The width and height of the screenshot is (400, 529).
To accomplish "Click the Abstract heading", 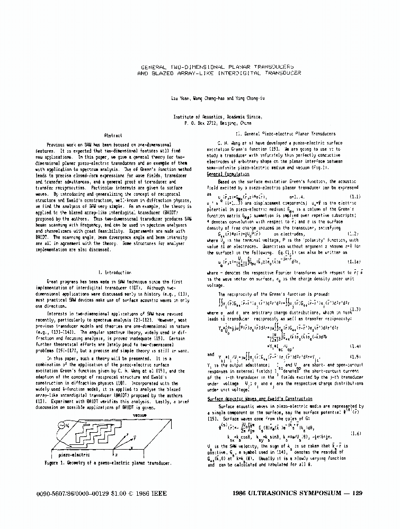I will click(x=114, y=135).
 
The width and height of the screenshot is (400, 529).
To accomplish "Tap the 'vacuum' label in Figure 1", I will click(x=139, y=415).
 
